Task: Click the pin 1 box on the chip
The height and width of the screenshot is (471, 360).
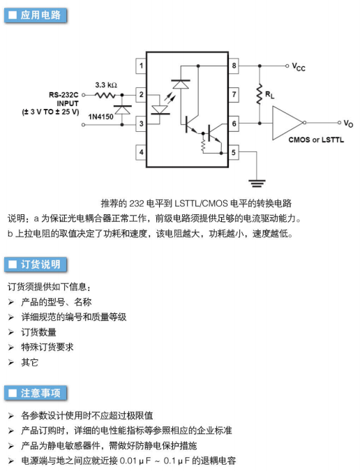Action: pyautogui.click(x=141, y=66)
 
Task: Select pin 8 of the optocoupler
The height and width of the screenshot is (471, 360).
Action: pyautogui.click(x=234, y=66)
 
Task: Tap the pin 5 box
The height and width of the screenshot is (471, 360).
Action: pyautogui.click(x=234, y=152)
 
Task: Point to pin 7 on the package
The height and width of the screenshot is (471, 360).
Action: pyautogui.click(x=234, y=95)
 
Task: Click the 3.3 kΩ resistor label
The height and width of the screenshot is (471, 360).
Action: pyautogui.click(x=106, y=85)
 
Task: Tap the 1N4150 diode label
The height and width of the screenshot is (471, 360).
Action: pyautogui.click(x=101, y=117)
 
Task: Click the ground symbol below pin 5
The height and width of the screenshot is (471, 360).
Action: pyautogui.click(x=257, y=184)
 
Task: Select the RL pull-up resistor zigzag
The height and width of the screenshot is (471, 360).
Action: pyautogui.click(x=260, y=95)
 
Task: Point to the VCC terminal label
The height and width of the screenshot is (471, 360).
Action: pyautogui.click(x=299, y=67)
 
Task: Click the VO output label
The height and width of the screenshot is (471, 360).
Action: pyautogui.click(x=348, y=123)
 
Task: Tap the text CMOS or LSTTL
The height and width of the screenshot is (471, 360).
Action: pyautogui.click(x=316, y=140)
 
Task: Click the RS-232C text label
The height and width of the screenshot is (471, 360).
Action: pyautogui.click(x=63, y=95)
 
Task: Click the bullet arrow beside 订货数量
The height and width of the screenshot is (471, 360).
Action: pyautogui.click(x=11, y=332)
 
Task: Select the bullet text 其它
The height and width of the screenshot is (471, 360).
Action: pyautogui.click(x=29, y=362)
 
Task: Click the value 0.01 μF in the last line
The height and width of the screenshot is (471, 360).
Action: pyautogui.click(x=135, y=461)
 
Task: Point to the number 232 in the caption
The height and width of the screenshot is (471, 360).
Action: pyautogui.click(x=137, y=203)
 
